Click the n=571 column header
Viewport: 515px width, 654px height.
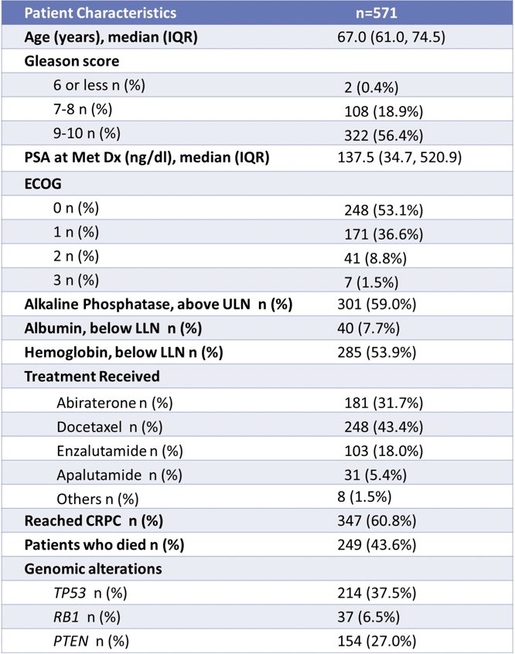tap(376, 13)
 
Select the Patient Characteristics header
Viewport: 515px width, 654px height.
tap(101, 13)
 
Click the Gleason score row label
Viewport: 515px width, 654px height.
tap(72, 61)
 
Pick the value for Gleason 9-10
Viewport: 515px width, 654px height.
tap(384, 135)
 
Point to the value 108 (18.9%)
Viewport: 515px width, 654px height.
tap(384, 111)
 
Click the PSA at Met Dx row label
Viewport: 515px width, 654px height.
tap(147, 158)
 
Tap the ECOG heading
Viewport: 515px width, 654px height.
tap(43, 184)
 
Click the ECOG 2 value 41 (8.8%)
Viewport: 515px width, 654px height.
tap(375, 258)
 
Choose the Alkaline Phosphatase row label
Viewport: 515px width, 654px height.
tap(159, 305)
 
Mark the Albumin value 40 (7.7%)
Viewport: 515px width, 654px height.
tap(369, 329)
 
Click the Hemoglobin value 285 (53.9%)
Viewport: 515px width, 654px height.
tap(377, 353)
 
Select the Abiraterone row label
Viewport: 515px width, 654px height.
tap(114, 403)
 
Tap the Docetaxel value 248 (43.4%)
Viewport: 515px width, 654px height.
tap(384, 427)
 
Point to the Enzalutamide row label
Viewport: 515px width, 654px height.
tap(120, 451)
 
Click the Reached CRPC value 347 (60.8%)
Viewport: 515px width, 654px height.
tap(377, 520)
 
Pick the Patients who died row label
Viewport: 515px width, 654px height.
tap(104, 545)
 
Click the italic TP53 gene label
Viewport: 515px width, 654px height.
tap(70, 593)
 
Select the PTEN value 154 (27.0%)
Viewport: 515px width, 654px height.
tap(377, 641)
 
